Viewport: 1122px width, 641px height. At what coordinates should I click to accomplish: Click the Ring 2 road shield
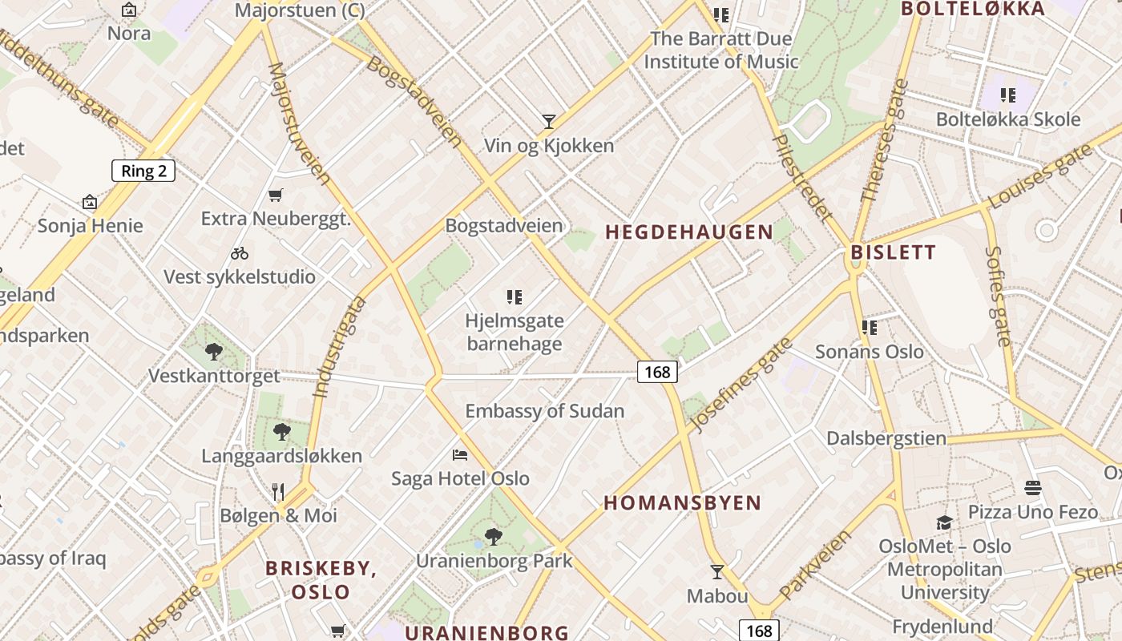[x=143, y=171]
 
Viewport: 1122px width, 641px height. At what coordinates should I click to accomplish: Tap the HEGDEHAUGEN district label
[x=689, y=232]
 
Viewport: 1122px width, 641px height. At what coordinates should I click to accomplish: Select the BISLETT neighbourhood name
[x=893, y=252]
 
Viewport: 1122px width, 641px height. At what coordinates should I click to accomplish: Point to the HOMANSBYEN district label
[x=682, y=503]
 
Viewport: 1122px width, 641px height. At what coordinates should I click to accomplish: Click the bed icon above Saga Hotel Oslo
[x=460, y=455]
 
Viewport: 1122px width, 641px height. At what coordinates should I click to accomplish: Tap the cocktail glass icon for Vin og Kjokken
[x=549, y=122]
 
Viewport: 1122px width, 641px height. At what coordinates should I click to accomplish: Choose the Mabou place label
[x=717, y=596]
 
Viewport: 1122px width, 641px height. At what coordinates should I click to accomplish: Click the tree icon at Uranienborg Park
[x=494, y=536]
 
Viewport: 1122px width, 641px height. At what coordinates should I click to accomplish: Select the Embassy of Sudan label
[x=544, y=411]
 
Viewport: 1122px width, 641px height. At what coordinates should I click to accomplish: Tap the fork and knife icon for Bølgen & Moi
[x=278, y=492]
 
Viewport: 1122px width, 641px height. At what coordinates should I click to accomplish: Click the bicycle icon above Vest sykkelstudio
[x=240, y=253]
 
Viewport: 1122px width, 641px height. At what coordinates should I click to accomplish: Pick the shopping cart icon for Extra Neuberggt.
[x=276, y=195]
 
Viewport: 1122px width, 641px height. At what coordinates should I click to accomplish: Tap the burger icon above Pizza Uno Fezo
[x=1032, y=488]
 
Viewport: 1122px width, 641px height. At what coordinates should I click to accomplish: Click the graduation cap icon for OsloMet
[x=945, y=522]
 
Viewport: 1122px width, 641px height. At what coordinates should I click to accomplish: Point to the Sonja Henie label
[x=90, y=226]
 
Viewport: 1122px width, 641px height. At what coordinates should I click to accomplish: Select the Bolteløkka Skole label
[x=1008, y=120]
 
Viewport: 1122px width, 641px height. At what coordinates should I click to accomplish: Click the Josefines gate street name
[x=741, y=385]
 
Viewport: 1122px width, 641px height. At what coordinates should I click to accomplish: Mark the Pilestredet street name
[x=801, y=177]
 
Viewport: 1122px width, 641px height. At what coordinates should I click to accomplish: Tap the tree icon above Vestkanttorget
[x=214, y=351]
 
